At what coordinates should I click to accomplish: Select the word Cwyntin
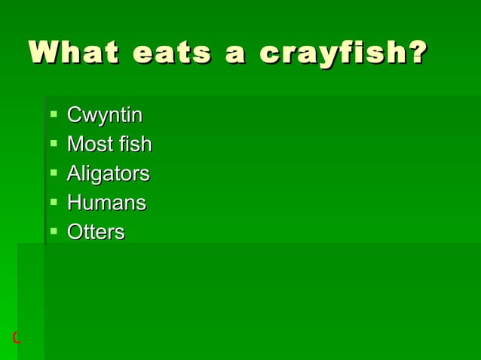pyautogui.click(x=105, y=116)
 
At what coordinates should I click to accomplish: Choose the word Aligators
pyautogui.click(x=109, y=174)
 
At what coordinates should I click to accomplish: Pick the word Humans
pyautogui.click(x=106, y=203)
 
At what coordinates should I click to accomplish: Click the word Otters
pyautogui.click(x=96, y=232)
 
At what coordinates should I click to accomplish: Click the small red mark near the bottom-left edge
pyautogui.click(x=16, y=337)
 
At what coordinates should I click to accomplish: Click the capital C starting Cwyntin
pyautogui.click(x=74, y=116)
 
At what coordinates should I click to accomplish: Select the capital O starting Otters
pyautogui.click(x=75, y=232)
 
